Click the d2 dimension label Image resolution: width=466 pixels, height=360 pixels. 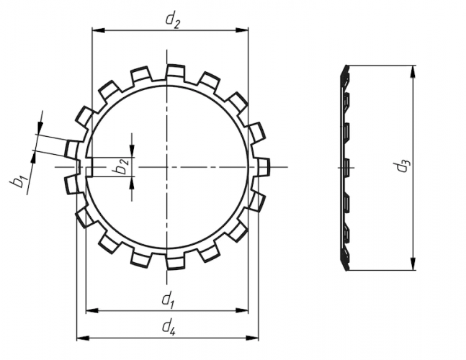point(173,21)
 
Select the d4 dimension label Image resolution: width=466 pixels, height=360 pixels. point(169,326)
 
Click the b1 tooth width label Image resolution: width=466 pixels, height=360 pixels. point(19,181)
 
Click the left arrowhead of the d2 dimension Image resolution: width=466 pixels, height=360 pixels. point(99,30)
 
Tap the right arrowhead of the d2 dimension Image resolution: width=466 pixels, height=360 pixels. point(241,30)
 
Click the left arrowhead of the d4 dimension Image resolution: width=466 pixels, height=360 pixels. point(84,338)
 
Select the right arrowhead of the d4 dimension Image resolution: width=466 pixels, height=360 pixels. point(252,338)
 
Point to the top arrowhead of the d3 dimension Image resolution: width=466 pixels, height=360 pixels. point(413,72)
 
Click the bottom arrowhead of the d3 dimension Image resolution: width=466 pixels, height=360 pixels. point(413,264)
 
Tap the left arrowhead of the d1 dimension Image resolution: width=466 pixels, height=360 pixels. point(92,311)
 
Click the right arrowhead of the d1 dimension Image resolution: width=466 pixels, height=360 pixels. point(241,311)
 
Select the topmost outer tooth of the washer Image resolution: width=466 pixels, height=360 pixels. point(175,72)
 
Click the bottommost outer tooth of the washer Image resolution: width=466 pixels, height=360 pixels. point(175,262)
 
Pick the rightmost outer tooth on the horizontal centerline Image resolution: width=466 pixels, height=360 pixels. point(262,167)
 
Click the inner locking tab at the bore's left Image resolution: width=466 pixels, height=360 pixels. point(89,167)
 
